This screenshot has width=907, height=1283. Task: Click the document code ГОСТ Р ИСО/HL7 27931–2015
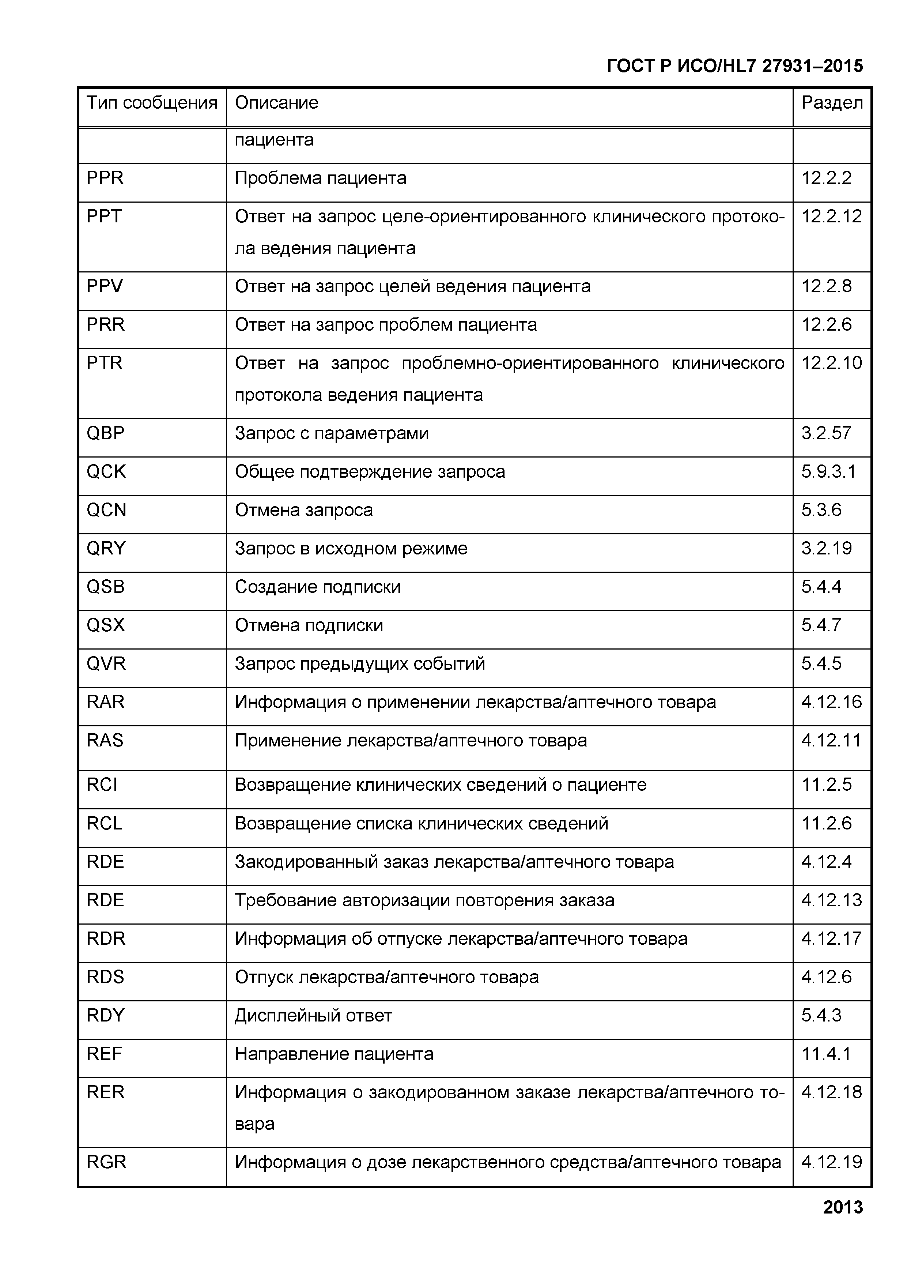click(734, 67)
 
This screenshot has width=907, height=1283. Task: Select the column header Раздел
click(832, 103)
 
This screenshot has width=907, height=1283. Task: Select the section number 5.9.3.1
click(828, 472)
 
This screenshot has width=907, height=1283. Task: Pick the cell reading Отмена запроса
click(303, 510)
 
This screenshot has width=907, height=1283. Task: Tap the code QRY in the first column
click(106, 548)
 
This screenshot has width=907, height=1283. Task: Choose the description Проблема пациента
click(321, 178)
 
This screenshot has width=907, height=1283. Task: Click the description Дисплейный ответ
click(313, 1015)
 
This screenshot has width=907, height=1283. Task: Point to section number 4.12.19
click(832, 1162)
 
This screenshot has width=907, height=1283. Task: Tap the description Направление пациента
click(334, 1054)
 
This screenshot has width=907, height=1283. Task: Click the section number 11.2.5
click(827, 785)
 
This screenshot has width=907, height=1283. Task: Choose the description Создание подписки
click(318, 587)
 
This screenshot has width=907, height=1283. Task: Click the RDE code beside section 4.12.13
click(105, 900)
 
